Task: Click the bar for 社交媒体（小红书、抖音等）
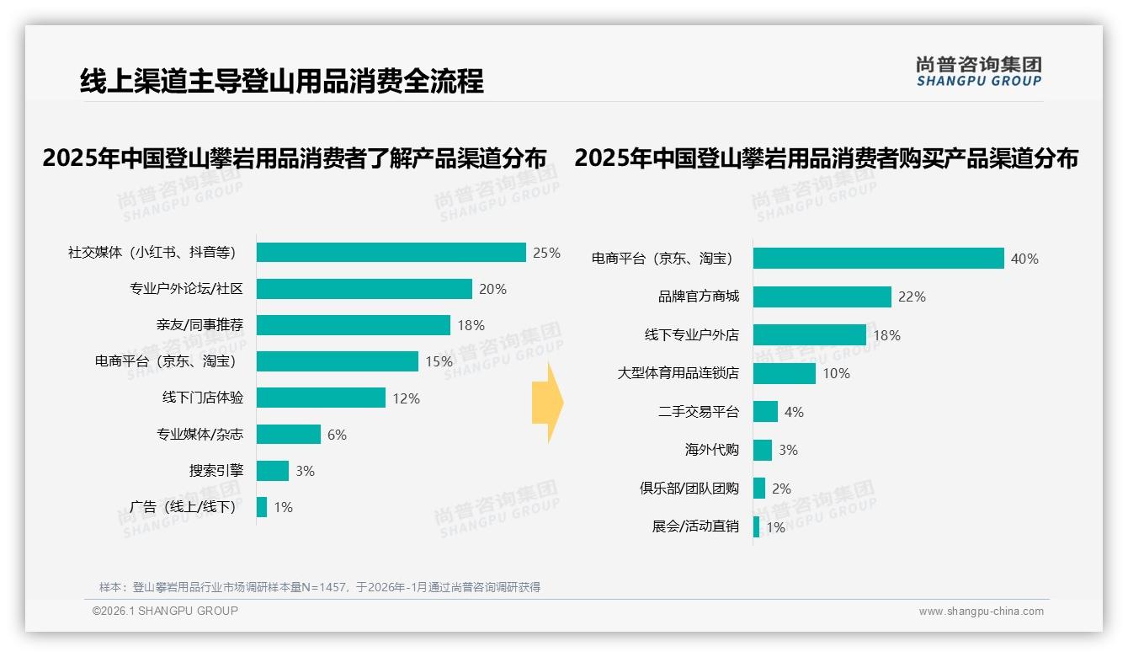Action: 391,253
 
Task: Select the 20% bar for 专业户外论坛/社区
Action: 364,289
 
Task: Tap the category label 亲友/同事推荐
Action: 200,325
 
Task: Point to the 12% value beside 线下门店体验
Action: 406,398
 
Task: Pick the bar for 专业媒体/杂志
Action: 288,435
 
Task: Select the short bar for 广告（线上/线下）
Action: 262,507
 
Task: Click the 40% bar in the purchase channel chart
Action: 878,258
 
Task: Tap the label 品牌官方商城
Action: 698,296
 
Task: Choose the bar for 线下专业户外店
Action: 809,334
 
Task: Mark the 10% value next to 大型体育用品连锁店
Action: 836,373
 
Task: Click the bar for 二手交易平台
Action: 765,411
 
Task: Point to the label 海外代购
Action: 711,450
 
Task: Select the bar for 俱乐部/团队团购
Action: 759,489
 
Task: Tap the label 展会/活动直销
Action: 694,526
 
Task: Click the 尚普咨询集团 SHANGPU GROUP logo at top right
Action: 978,72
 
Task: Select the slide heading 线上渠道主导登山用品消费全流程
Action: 282,81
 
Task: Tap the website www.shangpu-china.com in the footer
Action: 981,612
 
